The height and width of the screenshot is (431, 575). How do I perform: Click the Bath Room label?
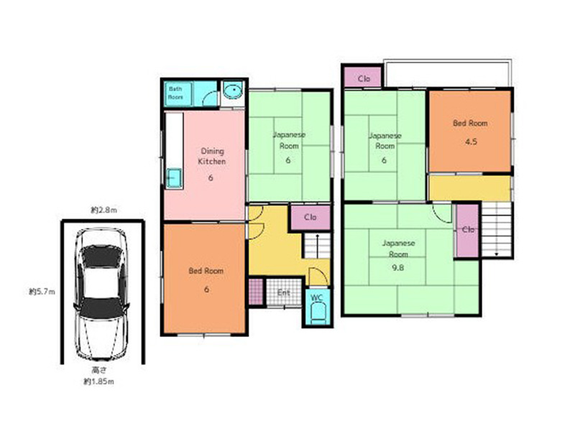click(x=175, y=93)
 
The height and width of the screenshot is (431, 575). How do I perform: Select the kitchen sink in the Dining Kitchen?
click(x=174, y=178)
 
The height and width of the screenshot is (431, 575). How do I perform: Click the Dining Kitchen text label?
click(x=212, y=156)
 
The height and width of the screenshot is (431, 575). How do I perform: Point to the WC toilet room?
click(x=318, y=307)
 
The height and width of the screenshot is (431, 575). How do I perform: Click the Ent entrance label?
click(x=283, y=293)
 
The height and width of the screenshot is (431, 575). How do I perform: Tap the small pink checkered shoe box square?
click(x=256, y=292)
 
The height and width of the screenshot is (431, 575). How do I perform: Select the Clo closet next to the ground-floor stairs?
click(x=310, y=218)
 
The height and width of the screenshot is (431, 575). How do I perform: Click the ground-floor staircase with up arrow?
click(x=317, y=246)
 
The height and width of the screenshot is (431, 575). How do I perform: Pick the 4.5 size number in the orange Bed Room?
click(x=471, y=142)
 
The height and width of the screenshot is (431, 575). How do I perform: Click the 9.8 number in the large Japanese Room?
click(x=398, y=267)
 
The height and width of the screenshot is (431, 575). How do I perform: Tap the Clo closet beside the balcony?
click(x=364, y=78)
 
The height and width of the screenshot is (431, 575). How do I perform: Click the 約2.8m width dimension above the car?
click(x=104, y=210)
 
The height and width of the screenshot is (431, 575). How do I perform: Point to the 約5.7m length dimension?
click(x=42, y=292)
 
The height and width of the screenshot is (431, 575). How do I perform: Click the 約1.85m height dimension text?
click(x=98, y=381)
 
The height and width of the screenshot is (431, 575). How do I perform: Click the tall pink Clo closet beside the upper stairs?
click(x=468, y=231)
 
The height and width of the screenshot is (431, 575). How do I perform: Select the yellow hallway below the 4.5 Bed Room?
click(x=470, y=188)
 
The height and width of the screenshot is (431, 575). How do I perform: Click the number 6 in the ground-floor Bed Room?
click(x=206, y=289)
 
